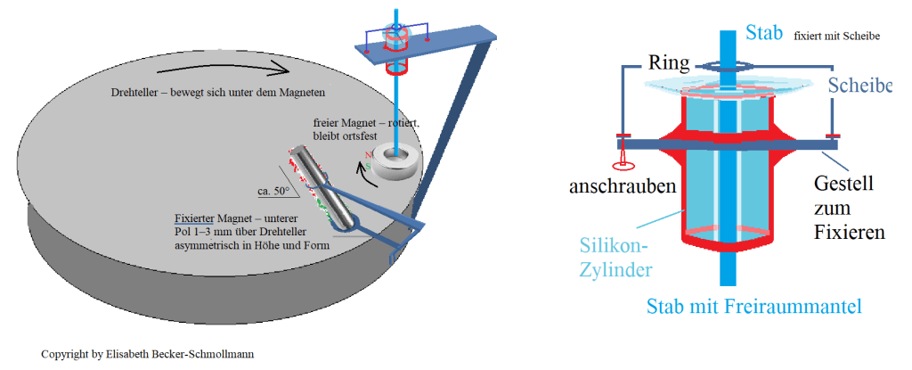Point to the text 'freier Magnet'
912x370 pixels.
pyautogui.click(x=343, y=121)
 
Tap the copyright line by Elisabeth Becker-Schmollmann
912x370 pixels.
pyautogui.click(x=147, y=354)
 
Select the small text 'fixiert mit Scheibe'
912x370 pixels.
pyautogui.click(x=835, y=36)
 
